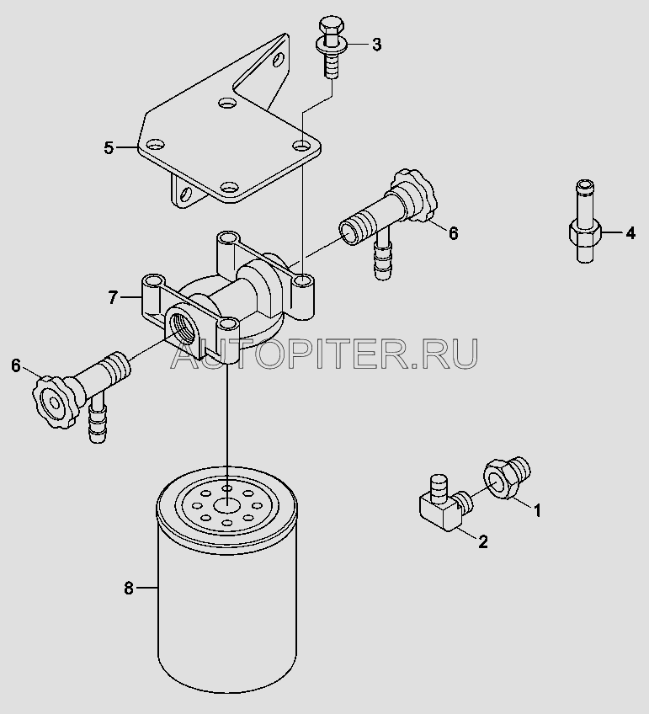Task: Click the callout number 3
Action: [x=376, y=45]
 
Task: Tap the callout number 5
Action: [x=109, y=147]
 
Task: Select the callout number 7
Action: [x=114, y=297]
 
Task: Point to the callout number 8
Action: [x=129, y=589]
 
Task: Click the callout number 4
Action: [x=630, y=233]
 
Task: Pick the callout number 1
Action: [x=537, y=511]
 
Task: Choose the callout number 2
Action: [x=483, y=541]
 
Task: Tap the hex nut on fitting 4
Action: [x=585, y=232]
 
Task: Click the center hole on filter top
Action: [x=226, y=504]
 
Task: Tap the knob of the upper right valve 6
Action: [x=414, y=196]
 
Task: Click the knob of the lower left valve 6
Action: [x=54, y=401]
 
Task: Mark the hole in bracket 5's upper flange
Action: [x=279, y=60]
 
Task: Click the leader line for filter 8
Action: [x=146, y=589]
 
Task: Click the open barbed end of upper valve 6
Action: [x=349, y=232]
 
